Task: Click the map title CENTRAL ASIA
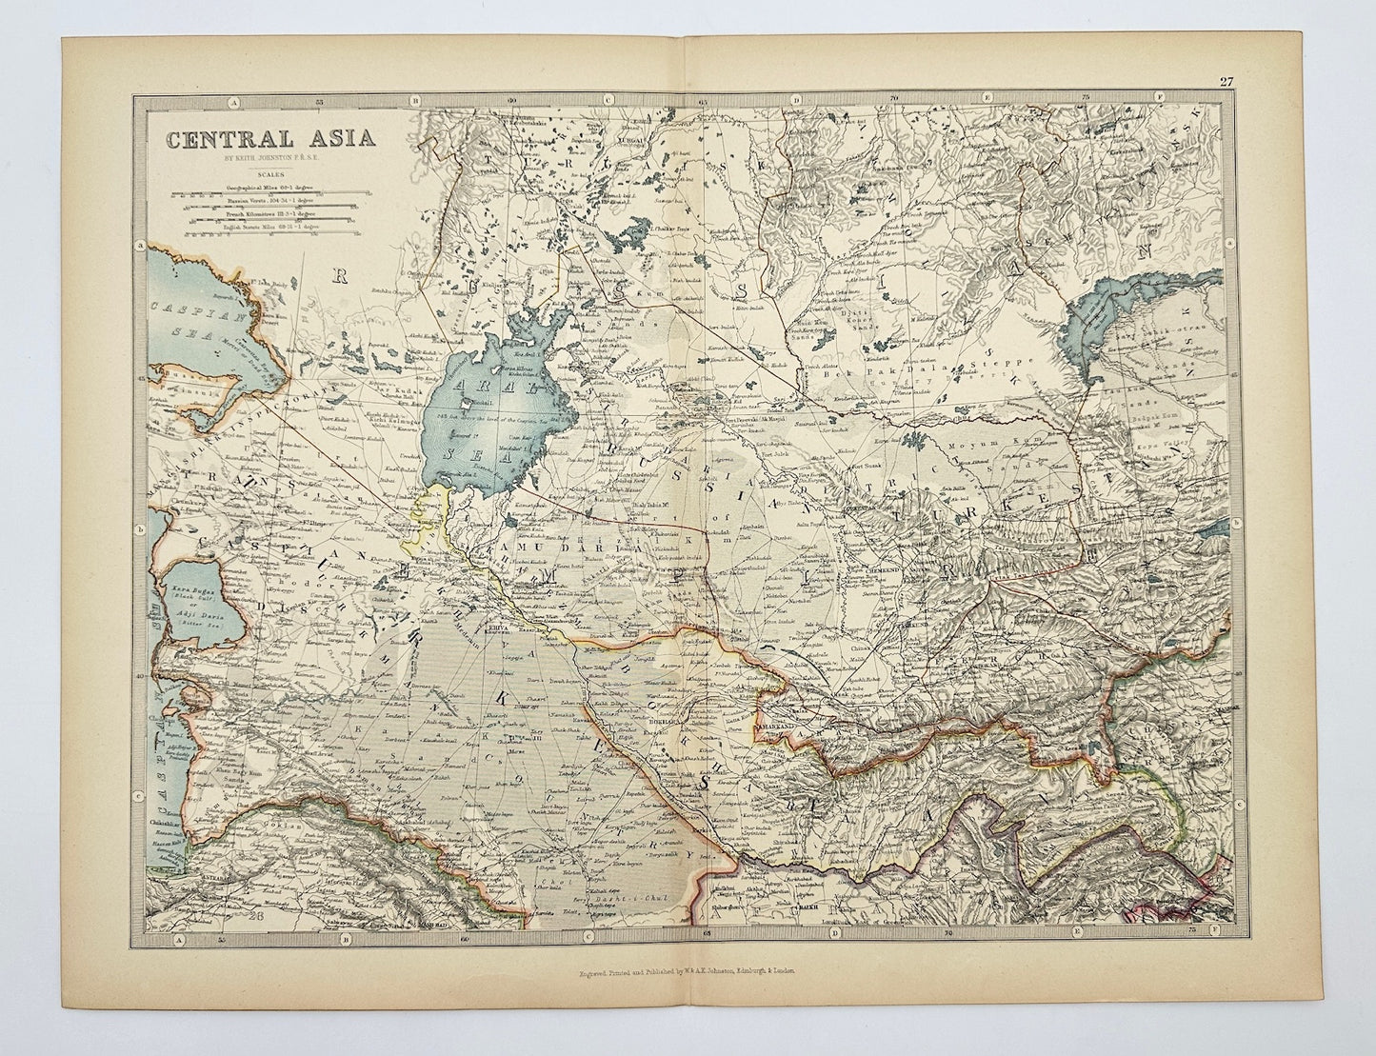point(271,137)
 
